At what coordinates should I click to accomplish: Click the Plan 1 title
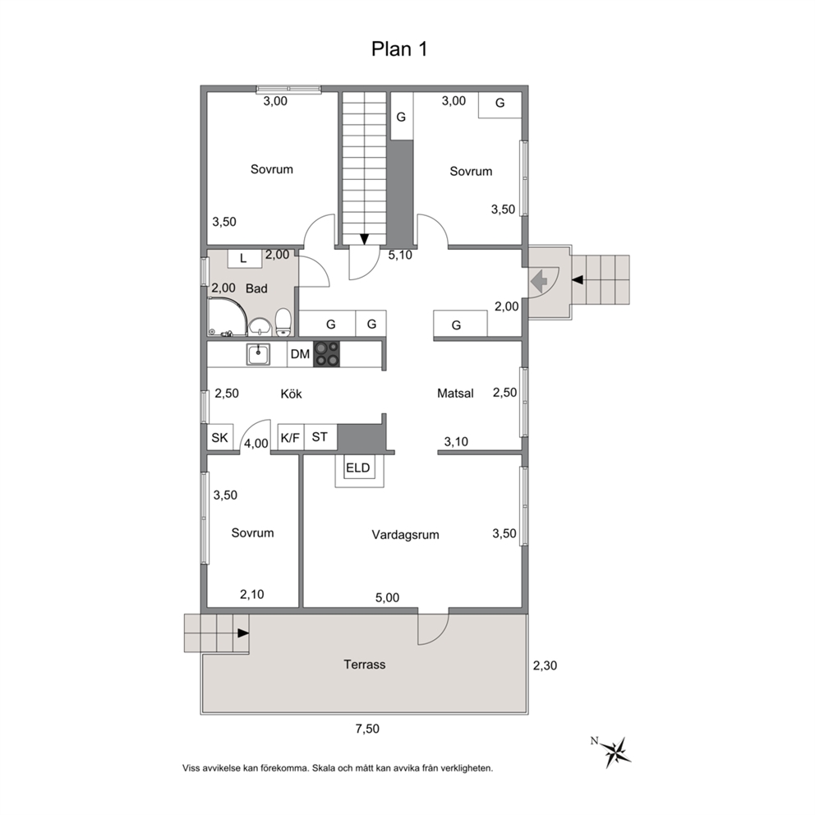pyautogui.click(x=399, y=48)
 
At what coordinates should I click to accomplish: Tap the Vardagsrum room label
pyautogui.click(x=405, y=535)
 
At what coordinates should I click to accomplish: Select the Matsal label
pyautogui.click(x=455, y=394)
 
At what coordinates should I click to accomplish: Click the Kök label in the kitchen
pyautogui.click(x=291, y=394)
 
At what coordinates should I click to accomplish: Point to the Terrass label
pyautogui.click(x=364, y=665)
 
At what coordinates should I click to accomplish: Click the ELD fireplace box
pyautogui.click(x=358, y=467)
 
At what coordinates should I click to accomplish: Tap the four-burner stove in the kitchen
pyautogui.click(x=326, y=354)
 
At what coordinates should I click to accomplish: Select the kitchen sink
pyautogui.click(x=258, y=354)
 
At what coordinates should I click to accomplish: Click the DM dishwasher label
pyautogui.click(x=300, y=354)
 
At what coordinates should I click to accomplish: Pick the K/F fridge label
pyautogui.click(x=290, y=438)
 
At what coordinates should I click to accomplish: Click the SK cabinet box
pyautogui.click(x=220, y=438)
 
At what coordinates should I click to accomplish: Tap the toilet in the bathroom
pyautogui.click(x=283, y=322)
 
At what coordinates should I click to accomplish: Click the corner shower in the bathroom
pyautogui.click(x=228, y=316)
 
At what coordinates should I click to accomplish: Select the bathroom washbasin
pyautogui.click(x=260, y=327)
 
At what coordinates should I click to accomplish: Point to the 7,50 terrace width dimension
pyautogui.click(x=367, y=729)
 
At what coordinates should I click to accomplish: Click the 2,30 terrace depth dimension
pyautogui.click(x=545, y=665)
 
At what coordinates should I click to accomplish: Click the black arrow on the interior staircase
pyautogui.click(x=364, y=239)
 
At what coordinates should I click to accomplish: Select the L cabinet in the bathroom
pyautogui.click(x=243, y=258)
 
